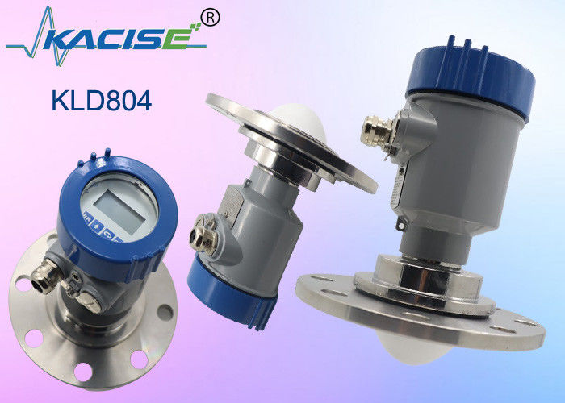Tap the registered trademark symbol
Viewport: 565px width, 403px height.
210,18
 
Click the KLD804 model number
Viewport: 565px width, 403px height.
102,101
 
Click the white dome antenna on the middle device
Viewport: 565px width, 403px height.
301,123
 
